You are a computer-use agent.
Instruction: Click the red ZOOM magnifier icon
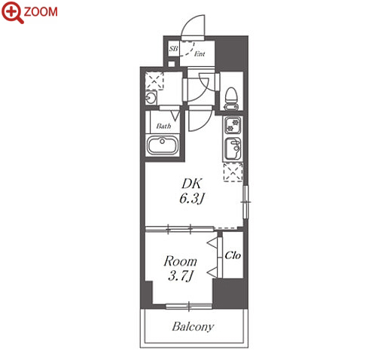(12, 12)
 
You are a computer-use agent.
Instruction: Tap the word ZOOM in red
(41, 12)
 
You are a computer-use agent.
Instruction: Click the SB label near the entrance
(173, 48)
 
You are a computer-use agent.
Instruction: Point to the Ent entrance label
(200, 53)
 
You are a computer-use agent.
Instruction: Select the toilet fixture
(231, 99)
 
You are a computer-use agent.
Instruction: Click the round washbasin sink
(151, 98)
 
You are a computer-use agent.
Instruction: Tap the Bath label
(163, 126)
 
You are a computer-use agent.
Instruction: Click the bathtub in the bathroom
(163, 145)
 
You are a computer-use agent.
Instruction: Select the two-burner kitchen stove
(233, 126)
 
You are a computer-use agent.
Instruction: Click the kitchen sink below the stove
(233, 148)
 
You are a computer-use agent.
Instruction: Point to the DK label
(191, 184)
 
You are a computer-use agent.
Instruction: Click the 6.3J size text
(191, 199)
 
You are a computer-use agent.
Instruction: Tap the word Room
(180, 261)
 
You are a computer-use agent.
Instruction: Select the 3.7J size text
(180, 276)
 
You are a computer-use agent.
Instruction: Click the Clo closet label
(233, 255)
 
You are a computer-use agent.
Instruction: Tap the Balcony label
(193, 327)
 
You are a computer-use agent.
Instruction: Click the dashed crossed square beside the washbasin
(154, 81)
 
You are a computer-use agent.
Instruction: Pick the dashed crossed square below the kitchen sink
(233, 172)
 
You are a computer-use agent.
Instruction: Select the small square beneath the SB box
(172, 63)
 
